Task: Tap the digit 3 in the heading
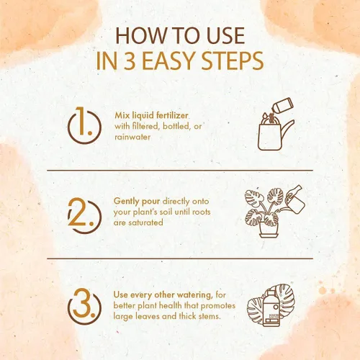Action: tap(130, 60)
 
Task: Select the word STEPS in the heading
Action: tap(232, 60)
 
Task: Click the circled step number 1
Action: tap(84, 125)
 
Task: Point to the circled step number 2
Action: tap(84, 215)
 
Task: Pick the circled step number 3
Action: tap(84, 306)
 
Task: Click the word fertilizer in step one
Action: tap(172, 115)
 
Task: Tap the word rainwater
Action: tap(132, 137)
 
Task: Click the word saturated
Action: tap(145, 222)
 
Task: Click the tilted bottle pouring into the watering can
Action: tap(282, 107)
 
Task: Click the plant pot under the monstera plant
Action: tap(269, 230)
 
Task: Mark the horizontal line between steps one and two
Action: tap(180, 170)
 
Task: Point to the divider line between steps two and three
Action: tap(180, 258)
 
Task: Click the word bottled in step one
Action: tap(176, 126)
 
